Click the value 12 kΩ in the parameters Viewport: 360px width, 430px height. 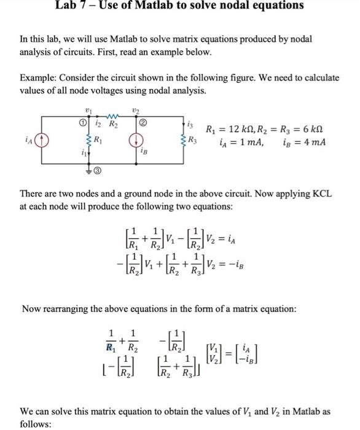(x=243, y=130)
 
